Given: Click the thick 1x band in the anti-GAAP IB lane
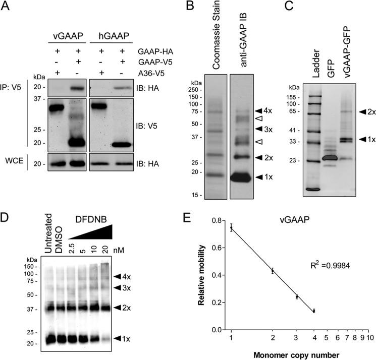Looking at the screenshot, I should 245,177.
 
